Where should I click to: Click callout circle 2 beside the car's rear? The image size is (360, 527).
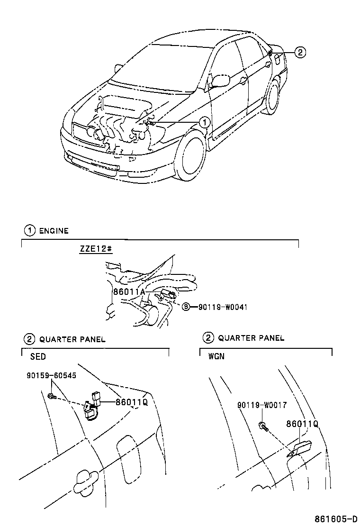(300, 52)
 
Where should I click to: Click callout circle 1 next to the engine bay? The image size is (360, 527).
(204, 122)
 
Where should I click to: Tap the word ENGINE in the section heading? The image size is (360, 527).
(54, 231)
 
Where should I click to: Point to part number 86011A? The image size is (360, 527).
(129, 292)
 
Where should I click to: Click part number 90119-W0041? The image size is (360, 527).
(219, 307)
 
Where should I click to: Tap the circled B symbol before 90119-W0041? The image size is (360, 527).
(187, 307)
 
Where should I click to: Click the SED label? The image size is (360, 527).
(38, 356)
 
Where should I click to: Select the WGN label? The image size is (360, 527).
(216, 356)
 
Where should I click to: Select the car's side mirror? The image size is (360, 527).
(219, 80)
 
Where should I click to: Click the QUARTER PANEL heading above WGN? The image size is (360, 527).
(251, 338)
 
